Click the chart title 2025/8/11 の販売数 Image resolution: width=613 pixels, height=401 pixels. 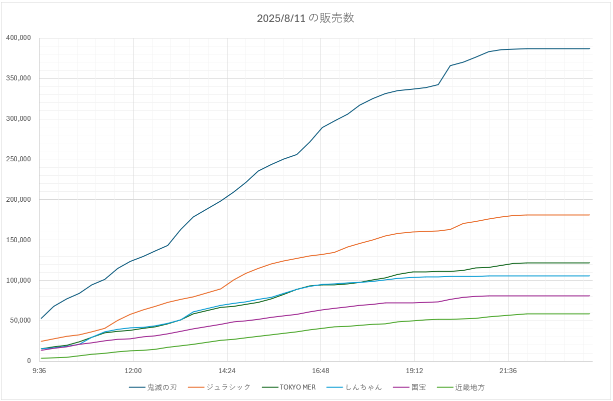pos(305,18)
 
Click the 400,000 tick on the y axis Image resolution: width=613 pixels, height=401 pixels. pos(18,38)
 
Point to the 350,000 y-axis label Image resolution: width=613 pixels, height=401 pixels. pos(18,78)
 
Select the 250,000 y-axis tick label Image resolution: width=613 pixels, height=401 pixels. pos(18,159)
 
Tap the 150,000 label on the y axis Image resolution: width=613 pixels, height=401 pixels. pos(18,240)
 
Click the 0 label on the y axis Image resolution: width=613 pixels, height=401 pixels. pos(28,361)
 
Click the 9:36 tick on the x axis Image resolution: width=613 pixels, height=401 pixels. pos(39,371)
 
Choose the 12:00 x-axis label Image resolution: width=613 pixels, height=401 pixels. pos(133,371)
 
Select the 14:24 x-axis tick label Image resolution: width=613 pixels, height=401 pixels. pos(227,371)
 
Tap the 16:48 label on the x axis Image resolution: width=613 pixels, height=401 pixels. pos(320,371)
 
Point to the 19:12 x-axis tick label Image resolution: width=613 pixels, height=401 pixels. pos(414,371)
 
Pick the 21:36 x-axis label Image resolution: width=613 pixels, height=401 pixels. pos(508,371)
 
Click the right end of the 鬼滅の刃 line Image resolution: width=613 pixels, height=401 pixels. pos(589,48)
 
